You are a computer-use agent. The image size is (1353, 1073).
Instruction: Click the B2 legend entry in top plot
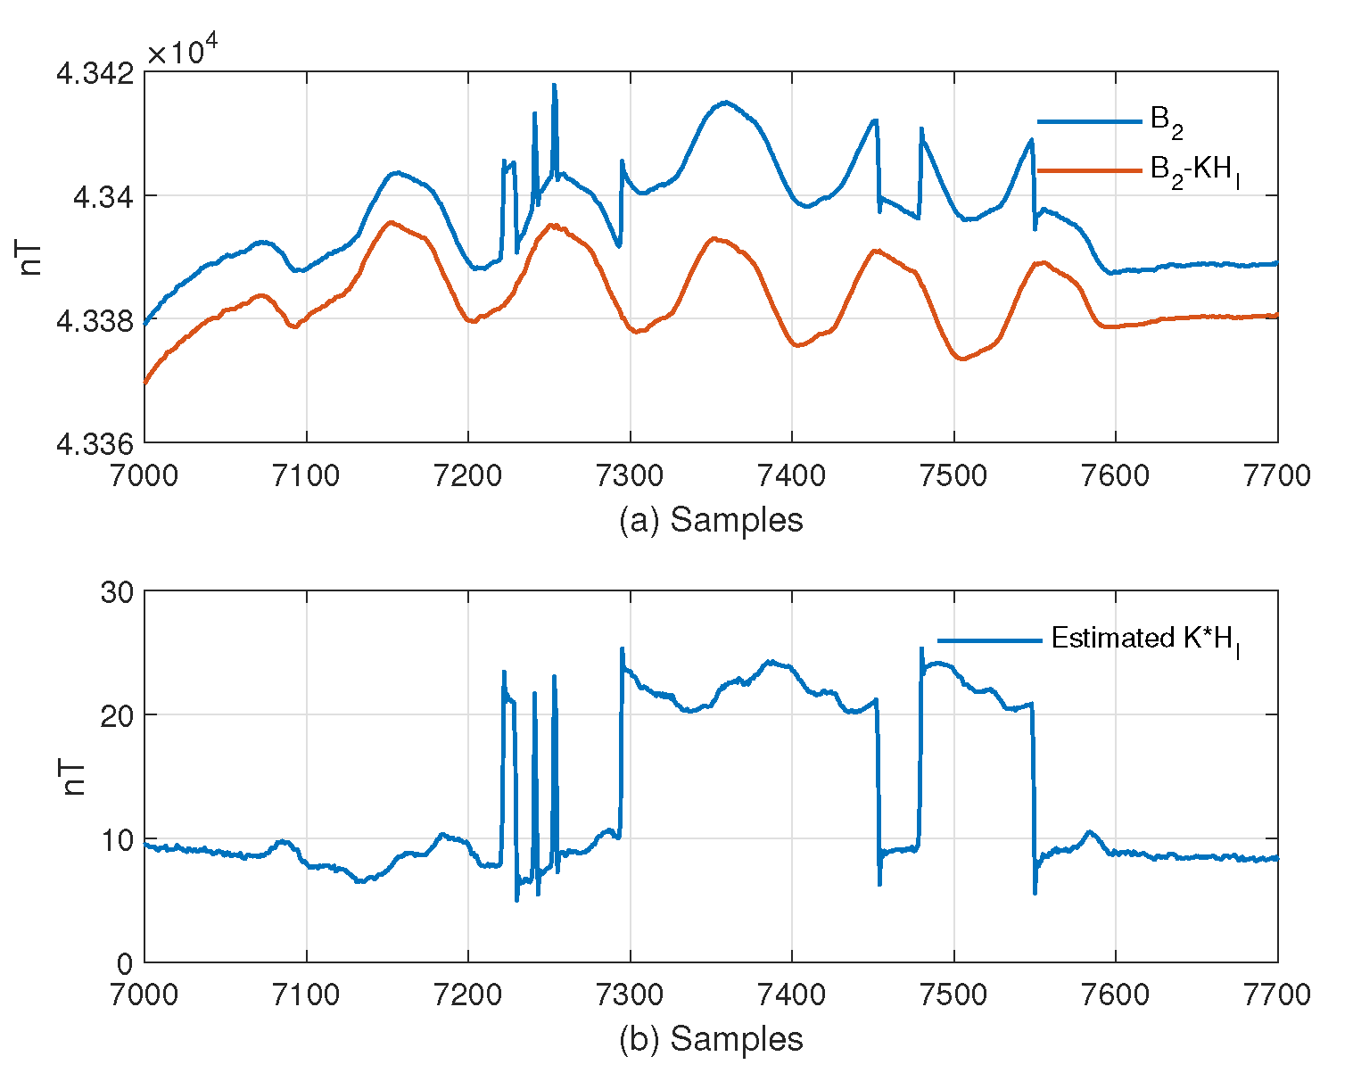1167,123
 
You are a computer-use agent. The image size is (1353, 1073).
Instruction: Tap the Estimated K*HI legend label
1145,640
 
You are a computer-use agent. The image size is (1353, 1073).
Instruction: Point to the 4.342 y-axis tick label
95,75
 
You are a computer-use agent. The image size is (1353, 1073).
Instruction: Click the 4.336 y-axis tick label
95,443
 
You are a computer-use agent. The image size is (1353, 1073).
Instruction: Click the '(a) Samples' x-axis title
711,520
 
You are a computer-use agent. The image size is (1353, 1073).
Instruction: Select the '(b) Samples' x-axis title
711,1040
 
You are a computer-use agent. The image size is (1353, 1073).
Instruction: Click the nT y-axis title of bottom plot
74,778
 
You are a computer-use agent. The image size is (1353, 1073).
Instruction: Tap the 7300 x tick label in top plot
630,475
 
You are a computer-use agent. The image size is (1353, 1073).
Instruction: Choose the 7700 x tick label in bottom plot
1277,995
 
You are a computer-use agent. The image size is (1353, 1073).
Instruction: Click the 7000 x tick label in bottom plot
144,995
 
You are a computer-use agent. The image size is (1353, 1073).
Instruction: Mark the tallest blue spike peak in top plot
554,85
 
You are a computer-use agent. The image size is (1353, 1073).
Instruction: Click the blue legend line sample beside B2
1089,121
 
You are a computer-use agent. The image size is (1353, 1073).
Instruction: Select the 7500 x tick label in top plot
953,475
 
